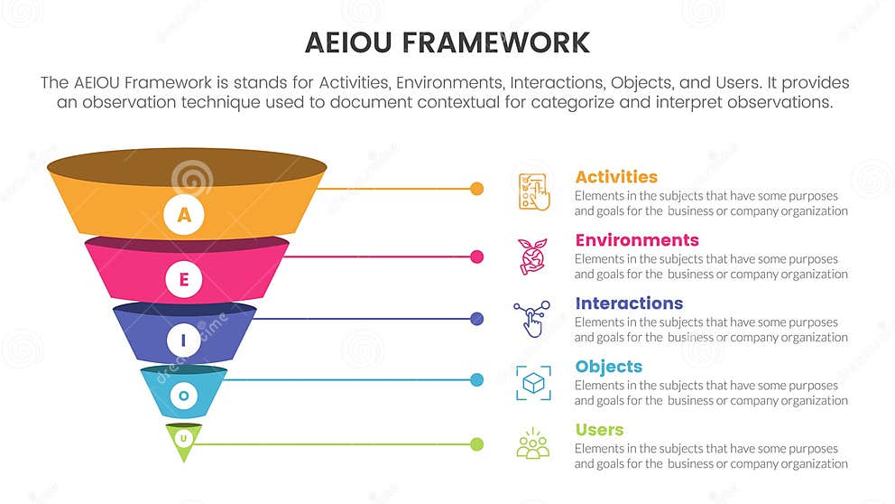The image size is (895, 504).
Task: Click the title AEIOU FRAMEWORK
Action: pyautogui.click(x=447, y=42)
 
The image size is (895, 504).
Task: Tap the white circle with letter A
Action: pyautogui.click(x=184, y=215)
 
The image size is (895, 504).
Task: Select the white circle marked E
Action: pyautogui.click(x=184, y=279)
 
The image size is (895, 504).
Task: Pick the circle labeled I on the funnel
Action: pyautogui.click(x=184, y=341)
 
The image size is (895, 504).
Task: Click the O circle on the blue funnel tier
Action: pyautogui.click(x=184, y=395)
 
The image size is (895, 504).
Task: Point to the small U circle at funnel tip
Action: pyautogui.click(x=184, y=438)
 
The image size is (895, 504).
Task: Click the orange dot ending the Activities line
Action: pyautogui.click(x=477, y=189)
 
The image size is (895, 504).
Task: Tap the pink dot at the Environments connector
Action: pyautogui.click(x=477, y=257)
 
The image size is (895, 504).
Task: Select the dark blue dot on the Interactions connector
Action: pyautogui.click(x=477, y=319)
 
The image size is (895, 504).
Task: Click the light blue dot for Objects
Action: pyautogui.click(x=477, y=379)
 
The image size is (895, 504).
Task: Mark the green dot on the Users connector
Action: pyautogui.click(x=477, y=443)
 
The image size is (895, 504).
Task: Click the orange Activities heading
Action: pyautogui.click(x=616, y=177)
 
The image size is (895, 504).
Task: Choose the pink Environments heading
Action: pyautogui.click(x=637, y=240)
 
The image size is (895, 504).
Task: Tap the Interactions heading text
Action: pyautogui.click(x=629, y=303)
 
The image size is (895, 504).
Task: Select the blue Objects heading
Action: pyautogui.click(x=609, y=367)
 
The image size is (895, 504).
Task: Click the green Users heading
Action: pyautogui.click(x=599, y=430)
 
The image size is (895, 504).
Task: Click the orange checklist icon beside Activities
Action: pyautogui.click(x=533, y=191)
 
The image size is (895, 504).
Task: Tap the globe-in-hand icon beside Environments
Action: pyautogui.click(x=532, y=256)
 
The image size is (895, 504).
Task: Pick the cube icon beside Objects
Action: pyautogui.click(x=533, y=383)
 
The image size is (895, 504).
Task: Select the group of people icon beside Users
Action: pyautogui.click(x=532, y=445)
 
